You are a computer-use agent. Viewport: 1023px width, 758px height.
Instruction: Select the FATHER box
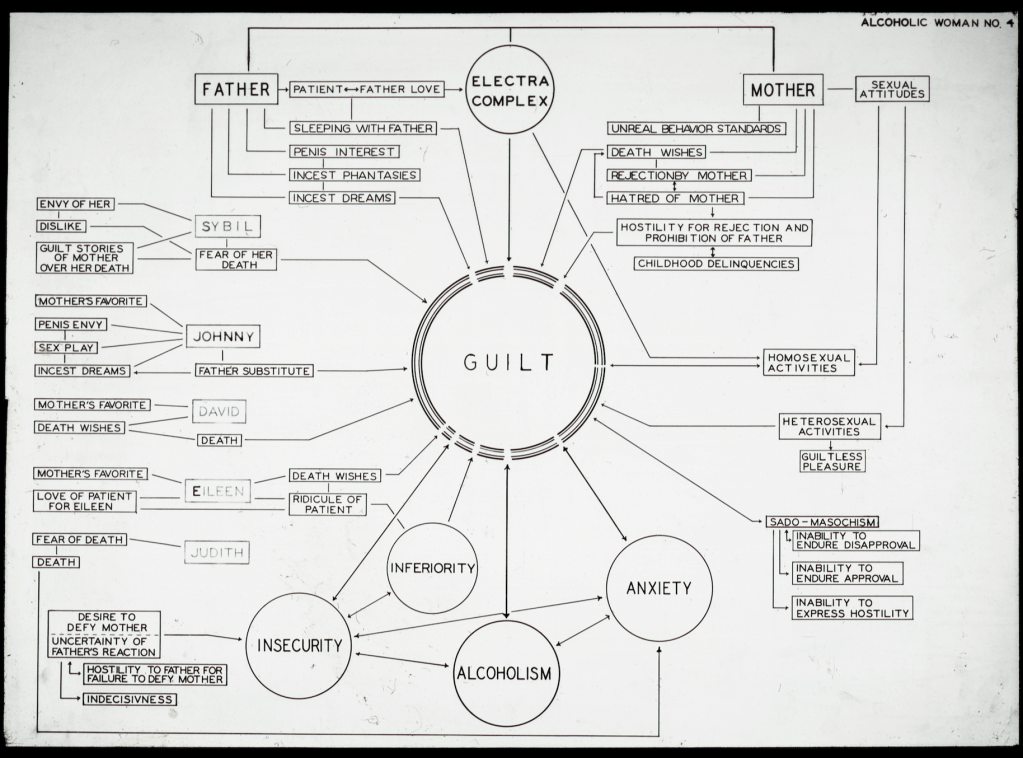pos(236,90)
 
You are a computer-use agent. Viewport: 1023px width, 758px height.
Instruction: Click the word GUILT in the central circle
pos(509,363)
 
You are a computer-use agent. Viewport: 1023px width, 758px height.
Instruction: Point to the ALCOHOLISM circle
pos(503,673)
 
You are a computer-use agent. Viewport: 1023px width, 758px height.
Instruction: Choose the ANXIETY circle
pos(659,588)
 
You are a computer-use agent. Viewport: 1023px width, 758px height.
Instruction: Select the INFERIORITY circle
pos(432,568)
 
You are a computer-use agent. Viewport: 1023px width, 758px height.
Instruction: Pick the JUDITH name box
pos(216,550)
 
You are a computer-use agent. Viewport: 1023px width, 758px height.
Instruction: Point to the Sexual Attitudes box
pos(891,89)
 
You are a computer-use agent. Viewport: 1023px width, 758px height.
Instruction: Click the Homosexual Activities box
pos(809,362)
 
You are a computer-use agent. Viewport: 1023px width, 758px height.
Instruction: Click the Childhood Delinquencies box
pos(715,263)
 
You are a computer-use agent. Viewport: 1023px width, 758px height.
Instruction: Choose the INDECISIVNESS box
pos(131,699)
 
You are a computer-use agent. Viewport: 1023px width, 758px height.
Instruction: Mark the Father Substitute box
pos(254,371)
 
